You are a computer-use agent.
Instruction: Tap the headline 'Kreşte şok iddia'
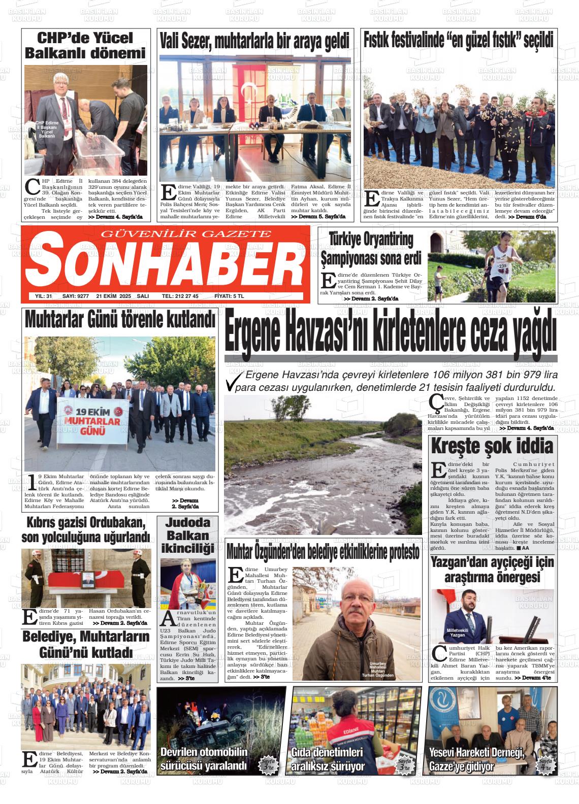coord(491,446)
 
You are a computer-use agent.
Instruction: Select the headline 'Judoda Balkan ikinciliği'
coord(187,535)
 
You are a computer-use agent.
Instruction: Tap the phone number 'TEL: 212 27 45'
coord(180,296)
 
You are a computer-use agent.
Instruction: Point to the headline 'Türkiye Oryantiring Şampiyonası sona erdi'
coord(371,248)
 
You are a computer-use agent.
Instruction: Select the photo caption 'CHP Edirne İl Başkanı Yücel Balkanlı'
coord(47,129)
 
